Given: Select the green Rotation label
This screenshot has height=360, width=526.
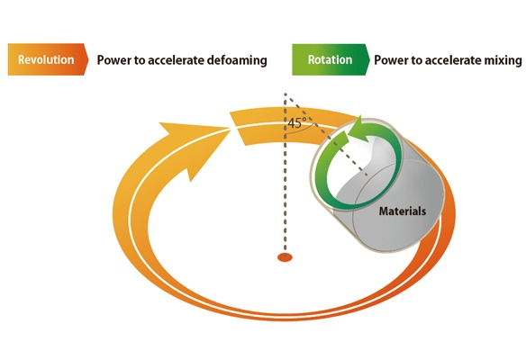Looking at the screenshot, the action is pos(331,59).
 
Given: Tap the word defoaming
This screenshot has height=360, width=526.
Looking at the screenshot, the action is pos(237,60).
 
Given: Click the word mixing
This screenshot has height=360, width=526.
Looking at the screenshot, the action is pos(503,60).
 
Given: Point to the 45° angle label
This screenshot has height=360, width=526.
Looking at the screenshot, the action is pos(296,123).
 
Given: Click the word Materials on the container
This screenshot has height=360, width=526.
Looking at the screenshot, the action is pos(403,211).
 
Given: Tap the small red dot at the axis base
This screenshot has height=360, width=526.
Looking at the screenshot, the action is pos(285,257).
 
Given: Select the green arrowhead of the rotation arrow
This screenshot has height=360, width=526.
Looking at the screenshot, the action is pos(356,128).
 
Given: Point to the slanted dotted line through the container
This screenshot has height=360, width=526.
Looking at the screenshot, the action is pos(327,135).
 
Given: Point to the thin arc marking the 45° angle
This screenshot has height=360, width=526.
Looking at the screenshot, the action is pos(301,130).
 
